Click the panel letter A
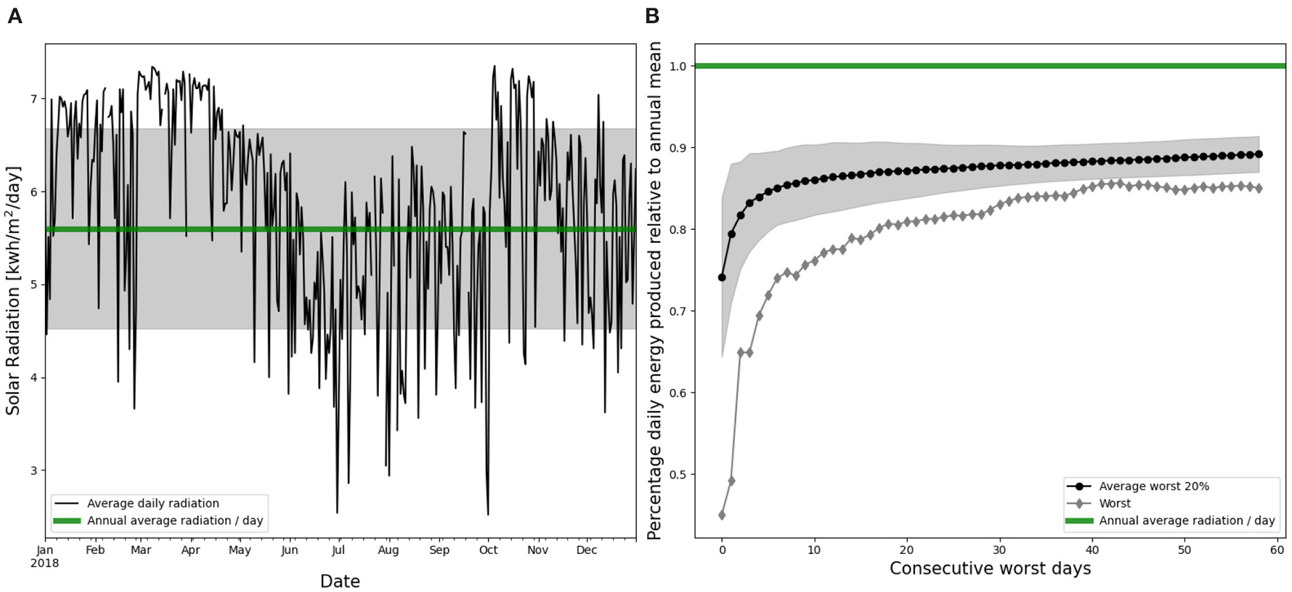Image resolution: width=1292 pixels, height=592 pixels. (14, 15)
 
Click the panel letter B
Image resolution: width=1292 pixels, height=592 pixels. (652, 15)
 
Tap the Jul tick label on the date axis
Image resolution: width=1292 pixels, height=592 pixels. (338, 550)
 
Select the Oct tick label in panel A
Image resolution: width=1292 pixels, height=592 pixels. (488, 550)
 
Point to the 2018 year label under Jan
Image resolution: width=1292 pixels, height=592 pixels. (45, 563)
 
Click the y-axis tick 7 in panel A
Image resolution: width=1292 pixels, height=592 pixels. (34, 99)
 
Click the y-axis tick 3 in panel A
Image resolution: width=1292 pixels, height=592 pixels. (34, 470)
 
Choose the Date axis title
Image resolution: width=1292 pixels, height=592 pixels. (340, 581)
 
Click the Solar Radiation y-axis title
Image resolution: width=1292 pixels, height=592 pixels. (14, 290)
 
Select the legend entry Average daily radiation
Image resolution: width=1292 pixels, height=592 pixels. (153, 503)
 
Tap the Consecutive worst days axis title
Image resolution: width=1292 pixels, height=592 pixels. (990, 568)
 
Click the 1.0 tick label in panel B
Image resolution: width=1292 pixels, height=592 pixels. (678, 66)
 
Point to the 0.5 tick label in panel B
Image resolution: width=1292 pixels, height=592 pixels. (678, 474)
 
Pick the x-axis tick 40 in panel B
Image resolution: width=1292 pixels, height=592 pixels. (1092, 550)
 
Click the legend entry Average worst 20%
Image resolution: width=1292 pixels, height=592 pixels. (1154, 486)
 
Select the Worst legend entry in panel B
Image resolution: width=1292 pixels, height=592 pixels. (1114, 503)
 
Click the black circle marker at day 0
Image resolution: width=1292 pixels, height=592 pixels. (722, 278)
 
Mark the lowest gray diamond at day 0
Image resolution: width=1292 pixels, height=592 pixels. (722, 515)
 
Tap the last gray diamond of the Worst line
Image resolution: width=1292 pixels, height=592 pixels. (1259, 188)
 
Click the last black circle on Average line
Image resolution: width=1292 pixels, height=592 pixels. (1259, 154)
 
